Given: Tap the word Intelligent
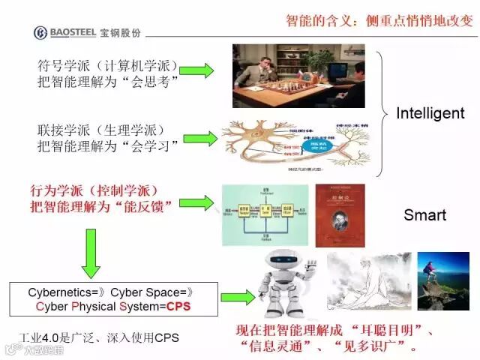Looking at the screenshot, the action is pos(430,113).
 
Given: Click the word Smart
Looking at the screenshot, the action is pos(424,215).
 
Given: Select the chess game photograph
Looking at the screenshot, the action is pos(298,75).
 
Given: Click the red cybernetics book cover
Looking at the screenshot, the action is pos(340,214).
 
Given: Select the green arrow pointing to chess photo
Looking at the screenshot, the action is pos(197,70).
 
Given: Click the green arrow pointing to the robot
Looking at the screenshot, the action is pos(238,298).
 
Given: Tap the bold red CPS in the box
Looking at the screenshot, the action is pos(178,307).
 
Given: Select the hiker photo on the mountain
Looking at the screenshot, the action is pos(442,281).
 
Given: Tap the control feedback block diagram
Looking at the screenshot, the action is pos(264,214).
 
